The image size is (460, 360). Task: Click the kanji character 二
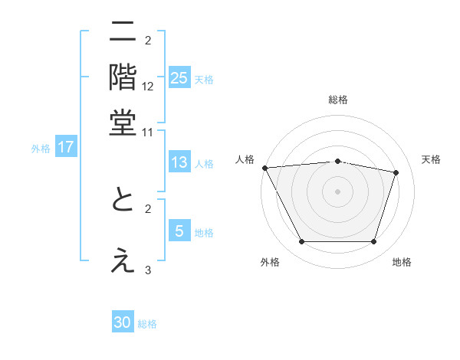(123, 33)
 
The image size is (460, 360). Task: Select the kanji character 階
(123, 77)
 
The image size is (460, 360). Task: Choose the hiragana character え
(123, 260)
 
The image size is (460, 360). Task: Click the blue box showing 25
(179, 77)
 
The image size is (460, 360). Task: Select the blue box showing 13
(179, 162)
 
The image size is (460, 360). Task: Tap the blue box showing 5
(179, 231)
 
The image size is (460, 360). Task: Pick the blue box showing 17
(65, 147)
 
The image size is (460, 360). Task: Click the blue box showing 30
(123, 322)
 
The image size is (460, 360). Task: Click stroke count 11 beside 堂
(148, 132)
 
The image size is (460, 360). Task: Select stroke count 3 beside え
(148, 270)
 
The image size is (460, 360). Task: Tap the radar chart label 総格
(338, 100)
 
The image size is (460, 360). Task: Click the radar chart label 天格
(432, 159)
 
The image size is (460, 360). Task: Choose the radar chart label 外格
(270, 263)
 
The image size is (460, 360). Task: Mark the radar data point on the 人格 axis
(264, 168)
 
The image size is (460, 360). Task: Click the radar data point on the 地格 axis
(374, 242)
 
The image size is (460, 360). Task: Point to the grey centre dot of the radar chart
(338, 191)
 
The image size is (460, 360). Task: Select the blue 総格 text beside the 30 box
(147, 324)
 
